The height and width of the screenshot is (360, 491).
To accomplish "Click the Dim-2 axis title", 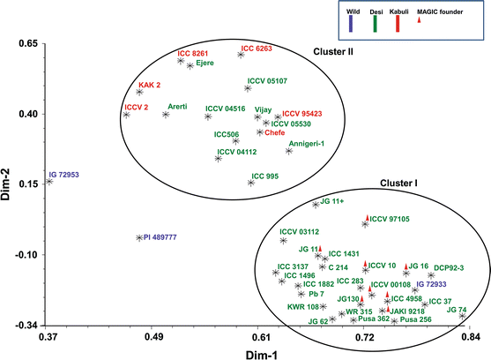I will pyautogui.click(x=10, y=184).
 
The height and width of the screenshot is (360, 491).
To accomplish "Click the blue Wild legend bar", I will pyautogui.click(x=357, y=25).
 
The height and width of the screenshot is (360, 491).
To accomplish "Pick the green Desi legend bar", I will pyautogui.click(x=399, y=25).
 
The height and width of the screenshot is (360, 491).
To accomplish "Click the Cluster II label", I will pyautogui.click(x=333, y=52).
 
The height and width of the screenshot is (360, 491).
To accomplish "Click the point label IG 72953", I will pyautogui.click(x=67, y=175).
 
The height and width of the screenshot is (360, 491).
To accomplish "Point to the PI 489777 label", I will pyautogui.click(x=161, y=237).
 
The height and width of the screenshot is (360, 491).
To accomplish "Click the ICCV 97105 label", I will pyautogui.click(x=391, y=219).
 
